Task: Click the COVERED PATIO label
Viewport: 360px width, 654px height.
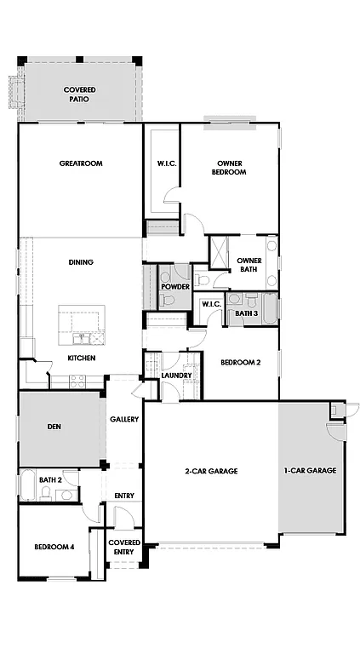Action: (79, 95)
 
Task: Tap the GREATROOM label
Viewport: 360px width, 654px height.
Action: (81, 163)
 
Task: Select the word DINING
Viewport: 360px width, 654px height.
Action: (81, 262)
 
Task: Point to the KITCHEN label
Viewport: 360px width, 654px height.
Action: (82, 358)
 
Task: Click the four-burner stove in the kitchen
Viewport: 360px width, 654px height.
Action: (83, 381)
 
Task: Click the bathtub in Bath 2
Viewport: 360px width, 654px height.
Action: (27, 485)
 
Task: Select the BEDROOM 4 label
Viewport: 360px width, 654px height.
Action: (54, 547)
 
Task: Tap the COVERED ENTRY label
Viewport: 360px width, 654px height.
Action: (124, 547)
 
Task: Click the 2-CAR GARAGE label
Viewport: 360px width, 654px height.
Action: (210, 471)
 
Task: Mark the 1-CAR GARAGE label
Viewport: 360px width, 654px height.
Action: (310, 471)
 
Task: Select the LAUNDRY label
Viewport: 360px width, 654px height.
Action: (176, 376)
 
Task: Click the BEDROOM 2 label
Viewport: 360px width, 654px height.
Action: (240, 362)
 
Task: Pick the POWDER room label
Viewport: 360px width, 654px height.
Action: (175, 287)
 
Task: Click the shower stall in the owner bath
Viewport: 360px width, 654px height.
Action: (219, 253)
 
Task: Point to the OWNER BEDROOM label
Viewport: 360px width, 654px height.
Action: (230, 167)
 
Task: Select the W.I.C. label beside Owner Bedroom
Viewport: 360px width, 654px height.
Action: (167, 163)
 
